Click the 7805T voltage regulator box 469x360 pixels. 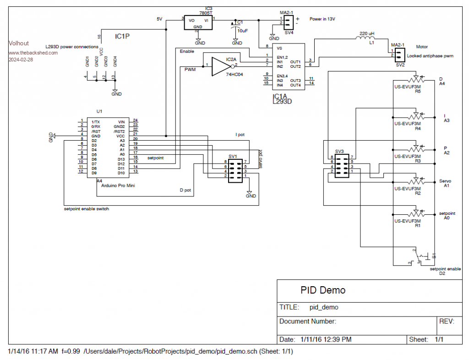[x=198, y=23]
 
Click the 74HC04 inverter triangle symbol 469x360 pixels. [x=220, y=66]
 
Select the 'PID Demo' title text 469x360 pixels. [x=323, y=290]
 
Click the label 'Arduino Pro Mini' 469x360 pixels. [x=118, y=185]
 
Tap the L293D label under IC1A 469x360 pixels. [x=283, y=102]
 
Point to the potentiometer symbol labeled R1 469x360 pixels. [x=416, y=213]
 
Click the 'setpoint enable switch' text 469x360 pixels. [x=87, y=208]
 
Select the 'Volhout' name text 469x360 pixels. [x=19, y=44]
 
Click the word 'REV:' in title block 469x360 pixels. [x=447, y=322]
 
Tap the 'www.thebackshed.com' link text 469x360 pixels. [x=33, y=53]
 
